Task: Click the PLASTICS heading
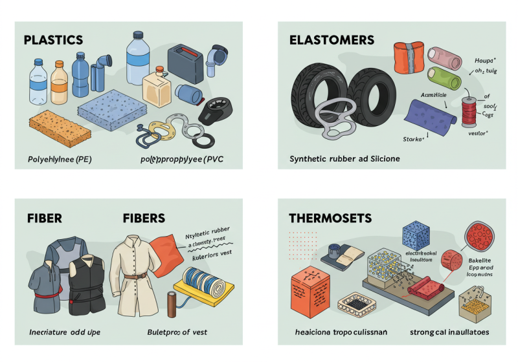tap(52, 39)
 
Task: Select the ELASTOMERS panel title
tap(332, 39)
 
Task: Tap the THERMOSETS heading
tap(330, 218)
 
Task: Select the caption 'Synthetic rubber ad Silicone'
tap(345, 158)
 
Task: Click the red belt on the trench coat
tap(132, 277)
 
